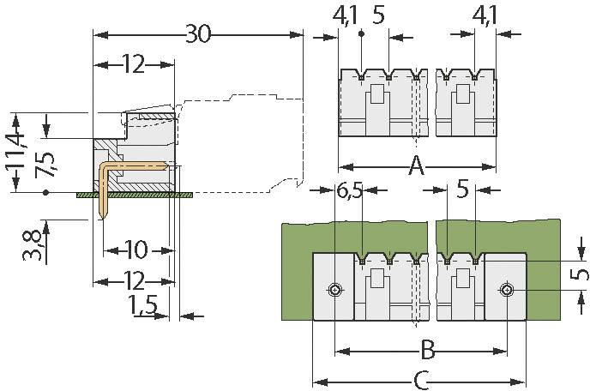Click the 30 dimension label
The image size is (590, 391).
198,34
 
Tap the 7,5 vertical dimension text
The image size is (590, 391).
44,163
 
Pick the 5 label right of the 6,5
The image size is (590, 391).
463,190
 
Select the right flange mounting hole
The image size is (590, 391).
507,291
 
